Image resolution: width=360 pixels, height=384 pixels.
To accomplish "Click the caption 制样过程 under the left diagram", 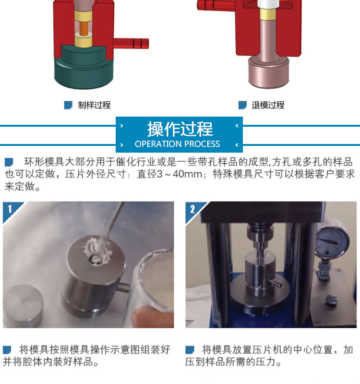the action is pos(94,105).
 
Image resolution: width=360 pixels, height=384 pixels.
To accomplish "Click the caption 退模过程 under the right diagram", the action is pos(268,105).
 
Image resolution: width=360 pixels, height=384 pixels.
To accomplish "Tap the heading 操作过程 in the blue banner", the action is pos(180,129).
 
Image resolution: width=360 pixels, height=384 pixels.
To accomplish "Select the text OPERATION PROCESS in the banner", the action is pos(177,144).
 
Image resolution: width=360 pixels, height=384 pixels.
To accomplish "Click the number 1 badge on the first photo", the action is pos(10,209).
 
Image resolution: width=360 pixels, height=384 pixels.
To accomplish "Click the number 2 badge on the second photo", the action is pos(192,209).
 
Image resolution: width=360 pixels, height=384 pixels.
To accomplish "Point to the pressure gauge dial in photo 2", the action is pos(332,240).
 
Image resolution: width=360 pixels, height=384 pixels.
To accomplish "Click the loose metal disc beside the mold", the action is pos(23,305).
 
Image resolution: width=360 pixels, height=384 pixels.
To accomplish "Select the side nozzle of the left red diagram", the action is pos(131,44).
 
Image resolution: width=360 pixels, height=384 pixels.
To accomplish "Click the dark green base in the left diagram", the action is pos(83,69).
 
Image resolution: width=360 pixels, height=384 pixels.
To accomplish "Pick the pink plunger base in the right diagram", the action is pos(268,72).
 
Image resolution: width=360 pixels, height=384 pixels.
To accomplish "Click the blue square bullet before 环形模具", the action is pos(9,162).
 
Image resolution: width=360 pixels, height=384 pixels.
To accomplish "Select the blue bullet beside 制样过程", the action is pos(68,105).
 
